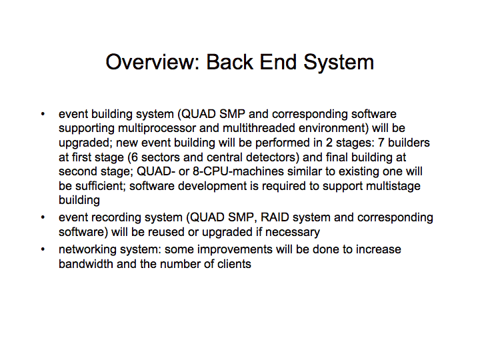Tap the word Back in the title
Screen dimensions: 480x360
tap(229, 62)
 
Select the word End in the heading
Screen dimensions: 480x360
tap(278, 62)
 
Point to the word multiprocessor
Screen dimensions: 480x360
tap(157, 129)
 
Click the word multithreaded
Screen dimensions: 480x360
tap(259, 128)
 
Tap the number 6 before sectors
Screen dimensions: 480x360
tap(135, 157)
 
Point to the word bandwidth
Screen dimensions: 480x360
tap(86, 264)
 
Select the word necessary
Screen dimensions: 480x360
tap(293, 233)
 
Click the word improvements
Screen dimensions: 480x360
tap(235, 250)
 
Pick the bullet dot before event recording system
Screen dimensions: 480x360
tap(43, 217)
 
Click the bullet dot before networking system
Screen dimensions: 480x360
tap(43, 249)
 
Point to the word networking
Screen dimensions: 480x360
tap(87, 250)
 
